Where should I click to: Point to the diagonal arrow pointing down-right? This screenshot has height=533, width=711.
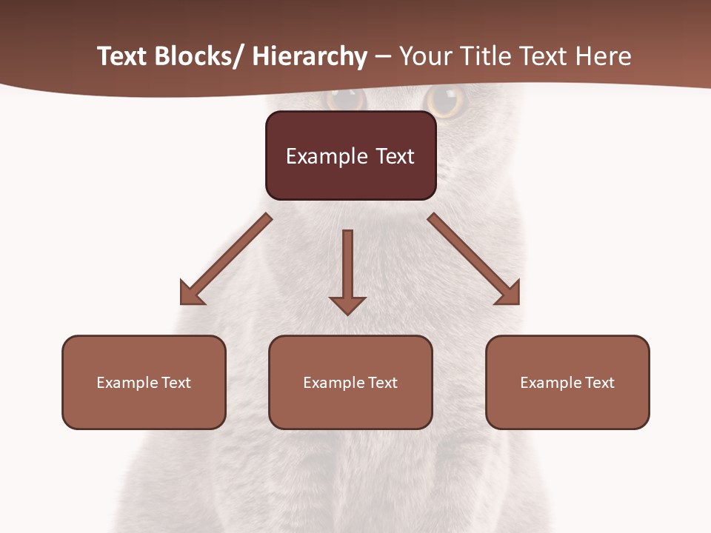(x=474, y=259)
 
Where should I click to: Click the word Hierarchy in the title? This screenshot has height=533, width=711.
(x=310, y=56)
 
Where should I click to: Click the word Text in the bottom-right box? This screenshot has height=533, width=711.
(x=598, y=383)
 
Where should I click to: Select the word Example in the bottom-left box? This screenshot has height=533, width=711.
(x=127, y=383)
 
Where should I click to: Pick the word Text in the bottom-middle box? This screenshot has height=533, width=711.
(x=381, y=383)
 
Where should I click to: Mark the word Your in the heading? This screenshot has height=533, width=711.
(x=425, y=56)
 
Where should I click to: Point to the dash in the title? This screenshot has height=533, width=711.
(x=383, y=56)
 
